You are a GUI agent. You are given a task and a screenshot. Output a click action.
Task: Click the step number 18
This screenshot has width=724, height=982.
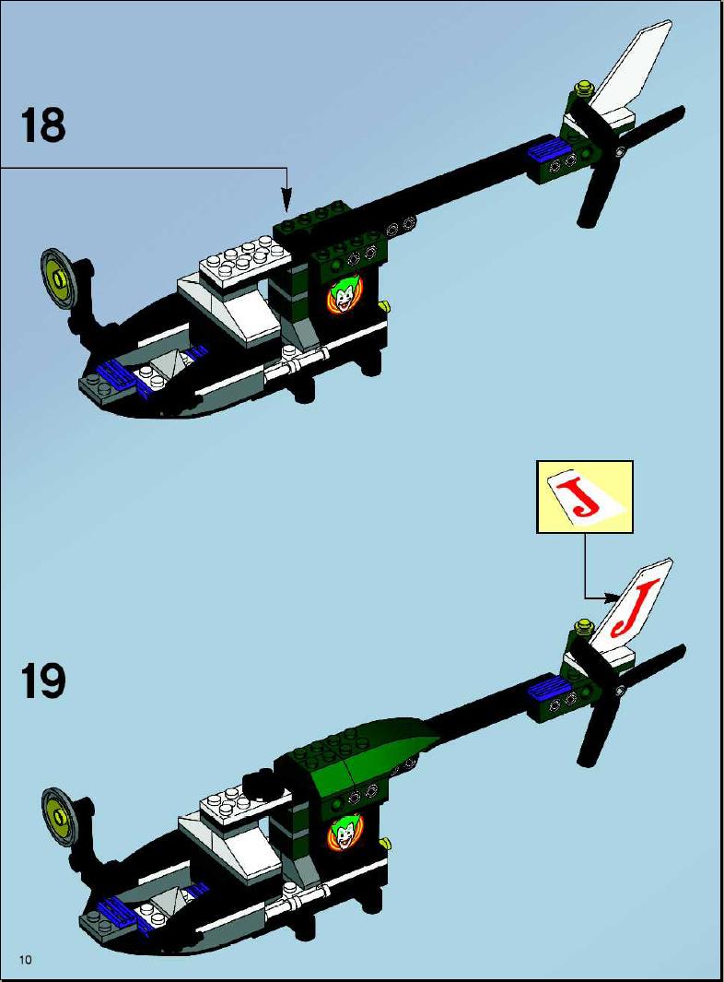tap(43, 124)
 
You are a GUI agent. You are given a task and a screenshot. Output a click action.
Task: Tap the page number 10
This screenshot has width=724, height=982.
tap(26, 960)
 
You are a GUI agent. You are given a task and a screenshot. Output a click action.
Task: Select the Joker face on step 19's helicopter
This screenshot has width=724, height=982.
tap(343, 833)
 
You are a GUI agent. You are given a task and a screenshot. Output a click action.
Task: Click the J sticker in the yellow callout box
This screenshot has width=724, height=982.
tap(585, 497)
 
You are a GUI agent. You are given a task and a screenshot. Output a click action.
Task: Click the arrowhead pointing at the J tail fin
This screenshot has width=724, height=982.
tap(611, 597)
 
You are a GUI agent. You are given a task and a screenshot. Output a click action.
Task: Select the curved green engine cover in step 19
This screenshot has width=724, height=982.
tap(363, 749)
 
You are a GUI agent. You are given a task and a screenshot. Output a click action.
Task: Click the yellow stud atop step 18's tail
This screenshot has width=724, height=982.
tap(586, 89)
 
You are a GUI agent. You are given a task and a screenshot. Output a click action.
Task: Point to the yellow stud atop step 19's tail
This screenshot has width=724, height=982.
tap(586, 625)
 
